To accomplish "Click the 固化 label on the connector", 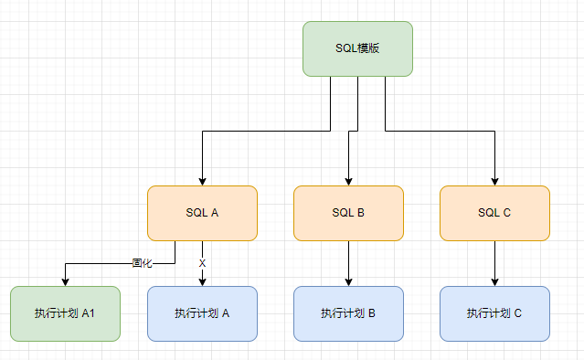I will [x=142, y=262].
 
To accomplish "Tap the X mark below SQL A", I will [x=202, y=263].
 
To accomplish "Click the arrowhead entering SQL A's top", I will [x=202, y=181].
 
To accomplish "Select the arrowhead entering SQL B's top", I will [x=348, y=181].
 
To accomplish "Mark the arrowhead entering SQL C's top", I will [x=494, y=181].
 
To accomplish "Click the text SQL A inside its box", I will [x=202, y=213].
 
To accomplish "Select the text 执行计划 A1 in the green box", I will [x=65, y=313].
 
